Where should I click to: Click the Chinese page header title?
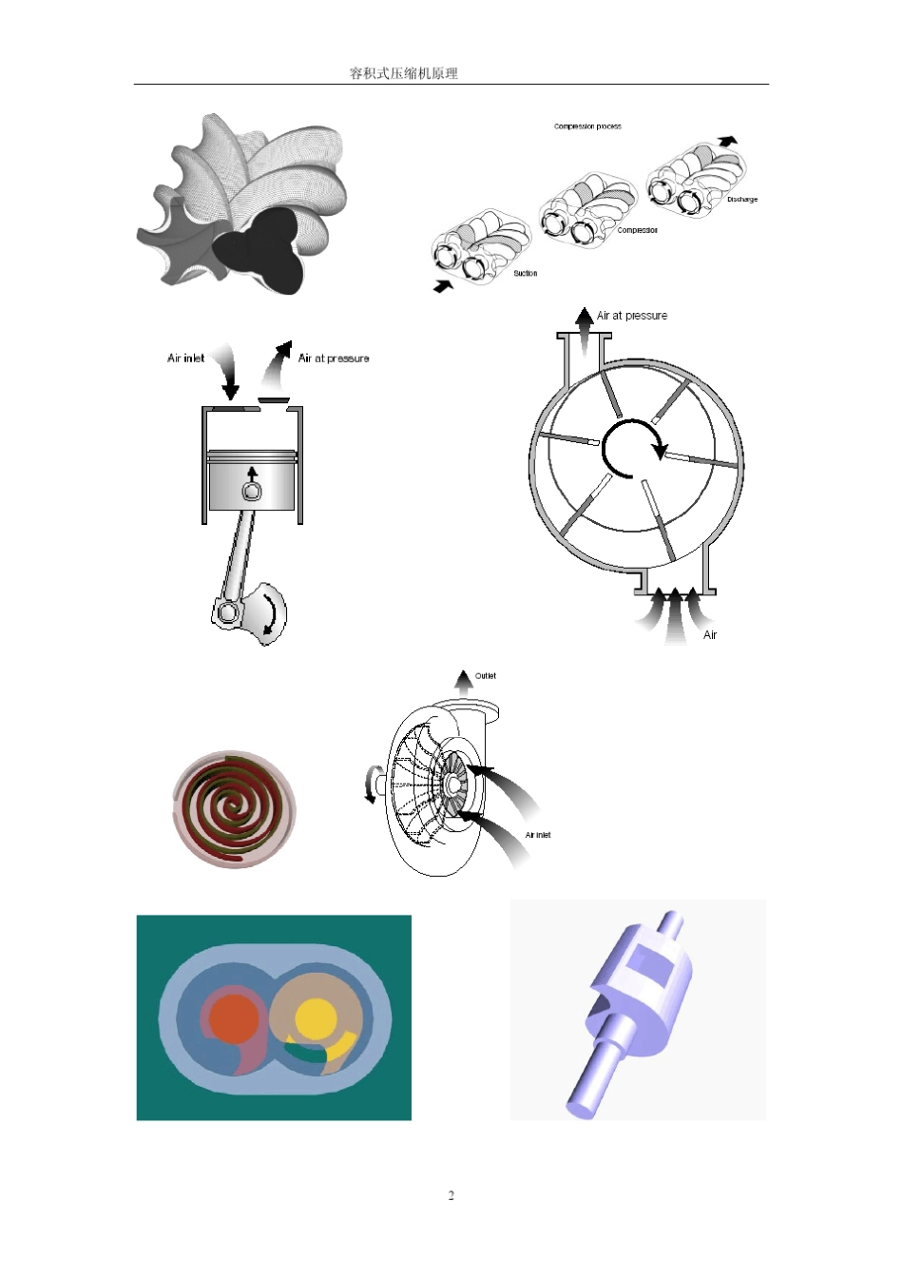tap(404, 73)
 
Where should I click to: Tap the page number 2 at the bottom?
tap(451, 1195)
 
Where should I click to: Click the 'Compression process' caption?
tap(587, 126)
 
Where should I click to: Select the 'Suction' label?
tap(525, 274)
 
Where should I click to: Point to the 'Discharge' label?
tap(742, 200)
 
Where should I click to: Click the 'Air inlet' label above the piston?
tap(185, 358)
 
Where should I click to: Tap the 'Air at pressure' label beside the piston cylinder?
tap(334, 358)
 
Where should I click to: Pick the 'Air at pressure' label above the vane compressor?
tap(632, 315)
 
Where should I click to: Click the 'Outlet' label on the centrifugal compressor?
tap(486, 675)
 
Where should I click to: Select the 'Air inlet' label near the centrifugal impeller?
tap(538, 835)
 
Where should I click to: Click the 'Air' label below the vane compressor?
tap(710, 635)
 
